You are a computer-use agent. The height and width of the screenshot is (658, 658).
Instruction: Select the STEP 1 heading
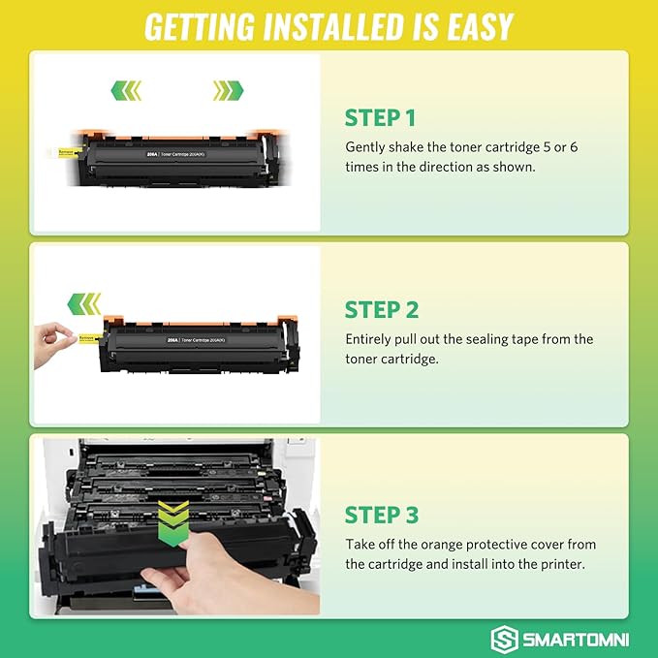(380, 118)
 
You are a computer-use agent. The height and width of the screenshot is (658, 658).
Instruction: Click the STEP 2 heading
(382, 310)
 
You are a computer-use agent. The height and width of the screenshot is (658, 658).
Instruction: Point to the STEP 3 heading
(382, 514)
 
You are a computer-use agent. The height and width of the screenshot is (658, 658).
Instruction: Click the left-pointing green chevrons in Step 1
(126, 91)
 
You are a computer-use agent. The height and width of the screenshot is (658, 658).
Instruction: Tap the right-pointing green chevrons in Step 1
(229, 91)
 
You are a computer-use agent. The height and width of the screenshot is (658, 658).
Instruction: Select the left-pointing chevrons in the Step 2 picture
(84, 304)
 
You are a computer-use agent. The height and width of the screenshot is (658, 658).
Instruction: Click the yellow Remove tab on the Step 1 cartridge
(62, 152)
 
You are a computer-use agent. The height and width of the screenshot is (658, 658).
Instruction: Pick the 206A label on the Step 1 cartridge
(153, 152)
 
